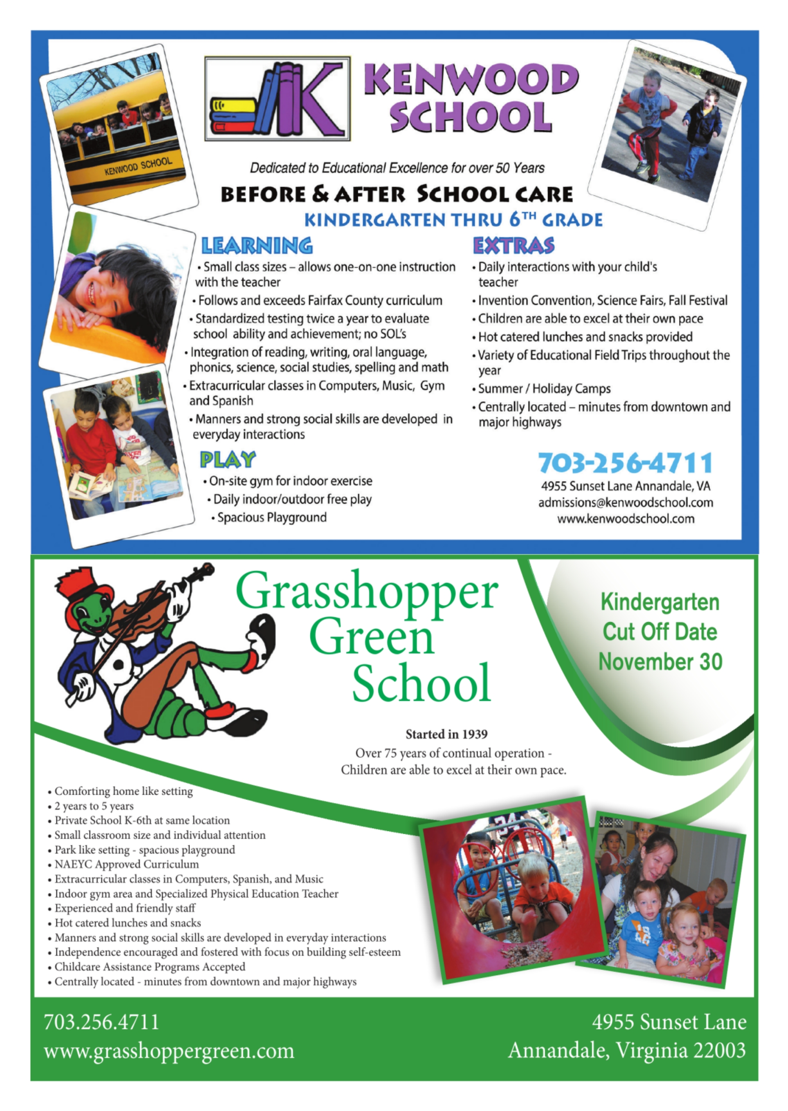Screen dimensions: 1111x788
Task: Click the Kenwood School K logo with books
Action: [277, 99]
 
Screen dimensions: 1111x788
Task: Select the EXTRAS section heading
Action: [513, 246]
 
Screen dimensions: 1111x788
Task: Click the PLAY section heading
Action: [228, 459]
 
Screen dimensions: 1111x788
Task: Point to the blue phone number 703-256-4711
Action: [625, 463]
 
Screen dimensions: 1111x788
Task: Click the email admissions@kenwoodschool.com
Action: [625, 503]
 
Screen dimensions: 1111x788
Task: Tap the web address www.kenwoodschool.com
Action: [625, 519]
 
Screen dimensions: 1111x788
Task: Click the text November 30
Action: [661, 662]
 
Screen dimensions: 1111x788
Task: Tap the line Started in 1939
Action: [446, 734]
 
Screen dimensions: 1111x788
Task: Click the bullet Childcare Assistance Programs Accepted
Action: [150, 966]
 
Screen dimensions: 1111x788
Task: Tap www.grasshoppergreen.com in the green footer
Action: [169, 1051]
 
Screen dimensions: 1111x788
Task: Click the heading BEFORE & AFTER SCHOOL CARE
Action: [396, 194]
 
